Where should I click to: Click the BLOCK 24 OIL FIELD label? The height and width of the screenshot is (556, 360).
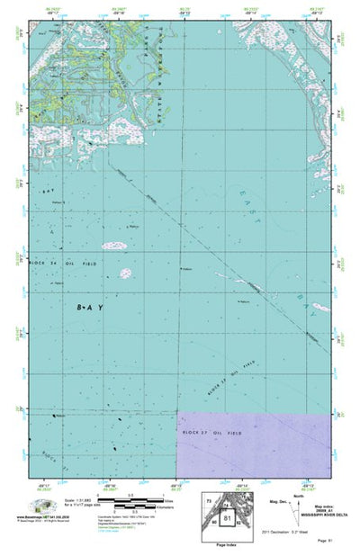(x=58, y=262)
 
